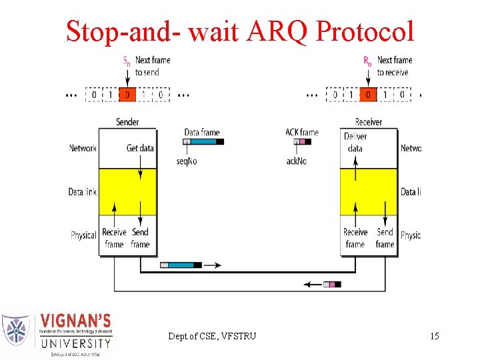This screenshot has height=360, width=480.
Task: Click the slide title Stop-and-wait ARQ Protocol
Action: [x=240, y=31]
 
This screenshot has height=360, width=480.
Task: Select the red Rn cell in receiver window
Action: [x=367, y=95]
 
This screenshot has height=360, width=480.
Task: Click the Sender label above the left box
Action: [x=127, y=122]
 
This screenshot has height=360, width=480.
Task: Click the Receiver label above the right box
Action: [x=368, y=122]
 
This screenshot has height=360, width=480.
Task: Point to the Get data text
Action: [x=140, y=148]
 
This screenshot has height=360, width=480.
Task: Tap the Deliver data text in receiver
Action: [x=355, y=142]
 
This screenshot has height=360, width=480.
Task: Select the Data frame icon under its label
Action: [x=204, y=141]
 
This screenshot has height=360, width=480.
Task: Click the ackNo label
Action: [x=297, y=161]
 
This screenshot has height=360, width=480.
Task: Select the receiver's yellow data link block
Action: [x=368, y=191]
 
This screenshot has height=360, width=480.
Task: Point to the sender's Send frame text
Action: [x=140, y=238]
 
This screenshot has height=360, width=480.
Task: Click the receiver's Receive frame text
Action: [x=355, y=238]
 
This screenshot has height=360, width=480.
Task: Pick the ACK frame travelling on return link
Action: [x=331, y=285]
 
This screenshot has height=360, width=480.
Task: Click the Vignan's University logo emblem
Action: [x=16, y=331]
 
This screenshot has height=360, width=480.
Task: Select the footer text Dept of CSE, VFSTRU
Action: [x=211, y=336]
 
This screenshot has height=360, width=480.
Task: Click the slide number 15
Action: [x=435, y=336]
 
